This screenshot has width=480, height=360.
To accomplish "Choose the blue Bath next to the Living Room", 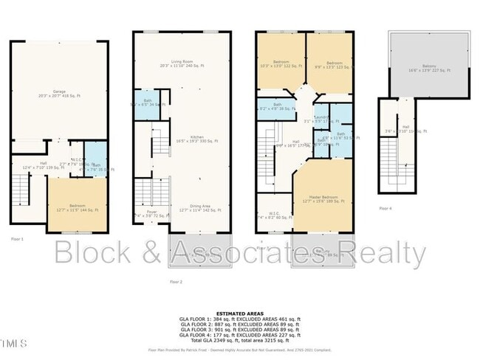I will point(143,103).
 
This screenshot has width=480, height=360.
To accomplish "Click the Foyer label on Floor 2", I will point(152,212).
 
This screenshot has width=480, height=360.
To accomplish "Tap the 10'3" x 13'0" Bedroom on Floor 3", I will point(281,63).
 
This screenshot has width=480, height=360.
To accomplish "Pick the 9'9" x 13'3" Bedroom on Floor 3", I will point(329,63).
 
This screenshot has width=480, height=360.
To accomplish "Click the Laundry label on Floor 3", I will point(320,117).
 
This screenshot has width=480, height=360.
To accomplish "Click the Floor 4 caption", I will point(385,209).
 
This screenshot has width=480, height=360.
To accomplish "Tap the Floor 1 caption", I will point(18,239).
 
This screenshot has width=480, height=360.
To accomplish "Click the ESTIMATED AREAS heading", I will point(240,312).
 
